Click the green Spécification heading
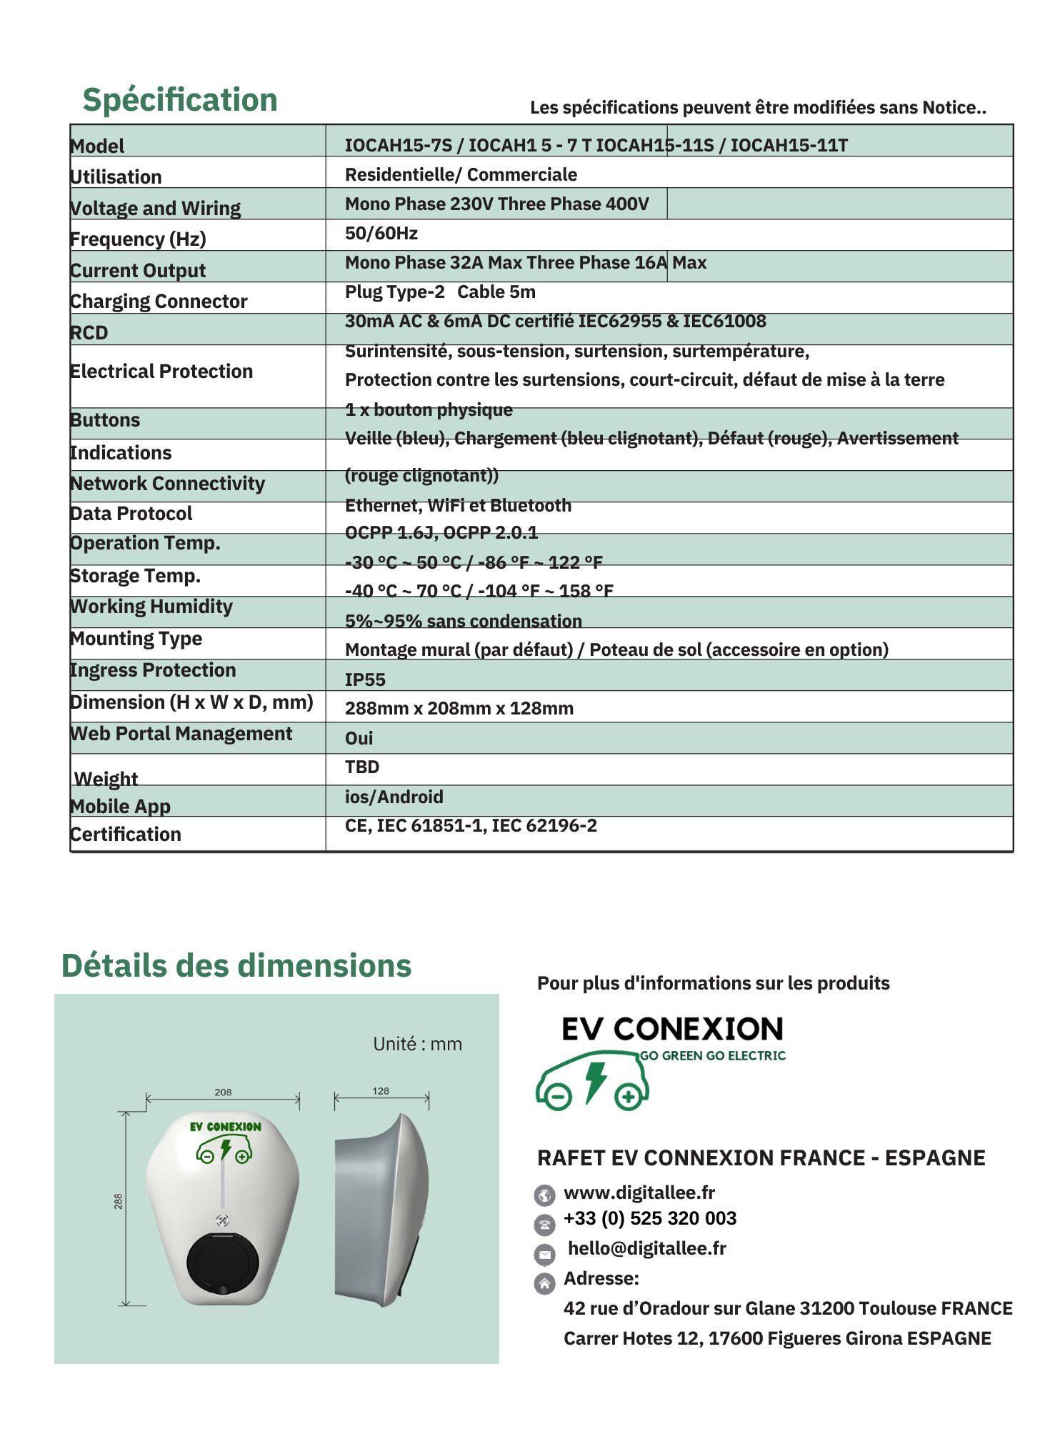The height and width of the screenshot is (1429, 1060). click(x=180, y=100)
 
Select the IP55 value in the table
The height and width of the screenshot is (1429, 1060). click(x=365, y=679)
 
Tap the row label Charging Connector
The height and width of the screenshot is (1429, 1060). click(x=159, y=302)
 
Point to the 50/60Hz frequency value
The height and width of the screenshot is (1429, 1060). click(x=381, y=234)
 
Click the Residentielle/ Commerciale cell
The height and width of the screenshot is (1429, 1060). click(x=461, y=175)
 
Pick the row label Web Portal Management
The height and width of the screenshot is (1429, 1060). click(x=181, y=734)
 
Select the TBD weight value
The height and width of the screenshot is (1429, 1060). click(x=362, y=767)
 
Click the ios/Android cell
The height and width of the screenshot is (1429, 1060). click(x=394, y=797)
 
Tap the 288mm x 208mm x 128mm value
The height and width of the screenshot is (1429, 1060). click(x=459, y=709)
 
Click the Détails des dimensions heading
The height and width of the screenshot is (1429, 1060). click(x=236, y=966)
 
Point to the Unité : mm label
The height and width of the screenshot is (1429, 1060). click(x=417, y=1045)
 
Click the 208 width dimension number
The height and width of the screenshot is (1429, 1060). click(x=223, y=1092)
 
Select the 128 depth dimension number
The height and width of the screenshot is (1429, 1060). click(x=381, y=1091)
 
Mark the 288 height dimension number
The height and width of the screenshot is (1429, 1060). click(x=119, y=1201)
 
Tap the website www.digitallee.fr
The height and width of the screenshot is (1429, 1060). click(x=639, y=1193)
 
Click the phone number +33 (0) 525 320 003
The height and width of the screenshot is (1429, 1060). click(x=650, y=1218)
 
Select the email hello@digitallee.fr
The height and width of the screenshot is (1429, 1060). click(x=647, y=1248)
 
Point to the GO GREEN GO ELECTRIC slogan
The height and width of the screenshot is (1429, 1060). click(x=712, y=1056)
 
